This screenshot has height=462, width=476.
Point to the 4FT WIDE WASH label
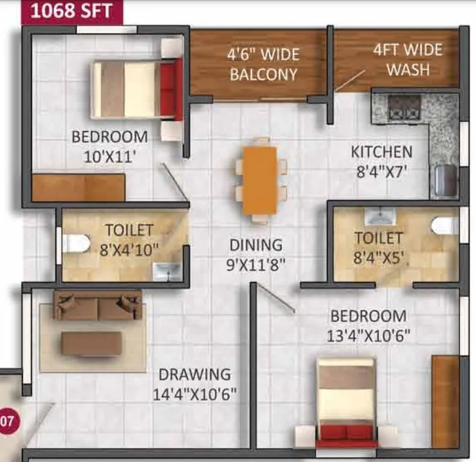point(408,59)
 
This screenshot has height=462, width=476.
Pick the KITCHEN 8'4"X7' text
point(381,161)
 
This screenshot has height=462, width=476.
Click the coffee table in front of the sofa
point(91,343)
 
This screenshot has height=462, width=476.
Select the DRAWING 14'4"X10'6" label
point(194,384)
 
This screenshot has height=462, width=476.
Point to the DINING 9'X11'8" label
point(256,254)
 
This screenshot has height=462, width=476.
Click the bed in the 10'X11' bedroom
point(137,89)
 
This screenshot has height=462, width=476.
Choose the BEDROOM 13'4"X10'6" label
point(368,325)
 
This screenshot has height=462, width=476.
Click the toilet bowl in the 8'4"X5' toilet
point(445,226)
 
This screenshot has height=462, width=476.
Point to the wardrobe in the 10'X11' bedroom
point(78,188)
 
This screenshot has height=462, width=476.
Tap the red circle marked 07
point(5,420)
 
